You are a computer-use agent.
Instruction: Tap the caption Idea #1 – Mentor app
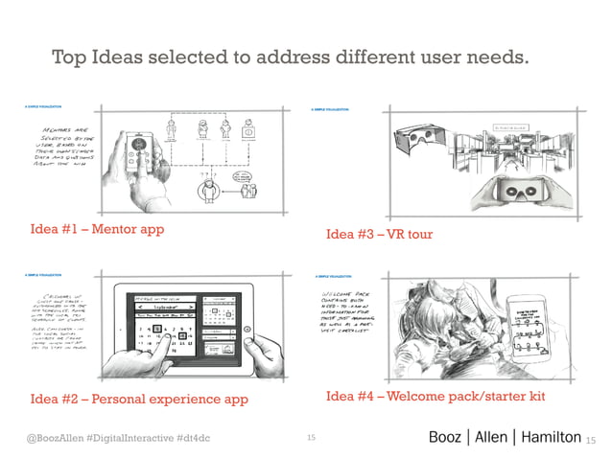coord(97,229)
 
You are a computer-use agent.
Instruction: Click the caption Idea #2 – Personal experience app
coord(139,398)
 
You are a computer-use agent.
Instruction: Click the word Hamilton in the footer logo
coord(545,437)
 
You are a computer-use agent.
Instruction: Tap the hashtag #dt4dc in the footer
coord(197,438)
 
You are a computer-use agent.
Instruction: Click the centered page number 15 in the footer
coord(311,438)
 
